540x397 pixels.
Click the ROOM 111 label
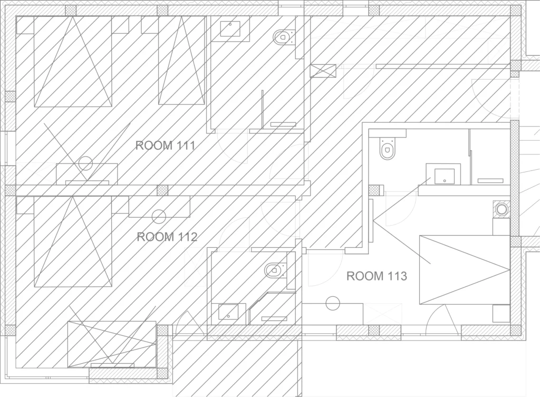165,146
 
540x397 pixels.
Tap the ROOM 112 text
167,237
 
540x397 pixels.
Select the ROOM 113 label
377,276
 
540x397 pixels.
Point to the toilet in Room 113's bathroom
387,148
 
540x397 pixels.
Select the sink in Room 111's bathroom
230,28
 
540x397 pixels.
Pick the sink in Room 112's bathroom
228,312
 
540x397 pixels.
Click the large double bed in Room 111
73,62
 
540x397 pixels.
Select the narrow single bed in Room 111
181,60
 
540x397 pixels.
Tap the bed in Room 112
73,241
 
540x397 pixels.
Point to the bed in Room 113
465,270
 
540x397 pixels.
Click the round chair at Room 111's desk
85,163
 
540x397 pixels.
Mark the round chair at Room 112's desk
159,217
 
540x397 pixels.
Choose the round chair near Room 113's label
333,303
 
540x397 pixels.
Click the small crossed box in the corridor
323,71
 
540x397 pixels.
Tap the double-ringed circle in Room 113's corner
502,209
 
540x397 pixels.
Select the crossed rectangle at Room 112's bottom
112,344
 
